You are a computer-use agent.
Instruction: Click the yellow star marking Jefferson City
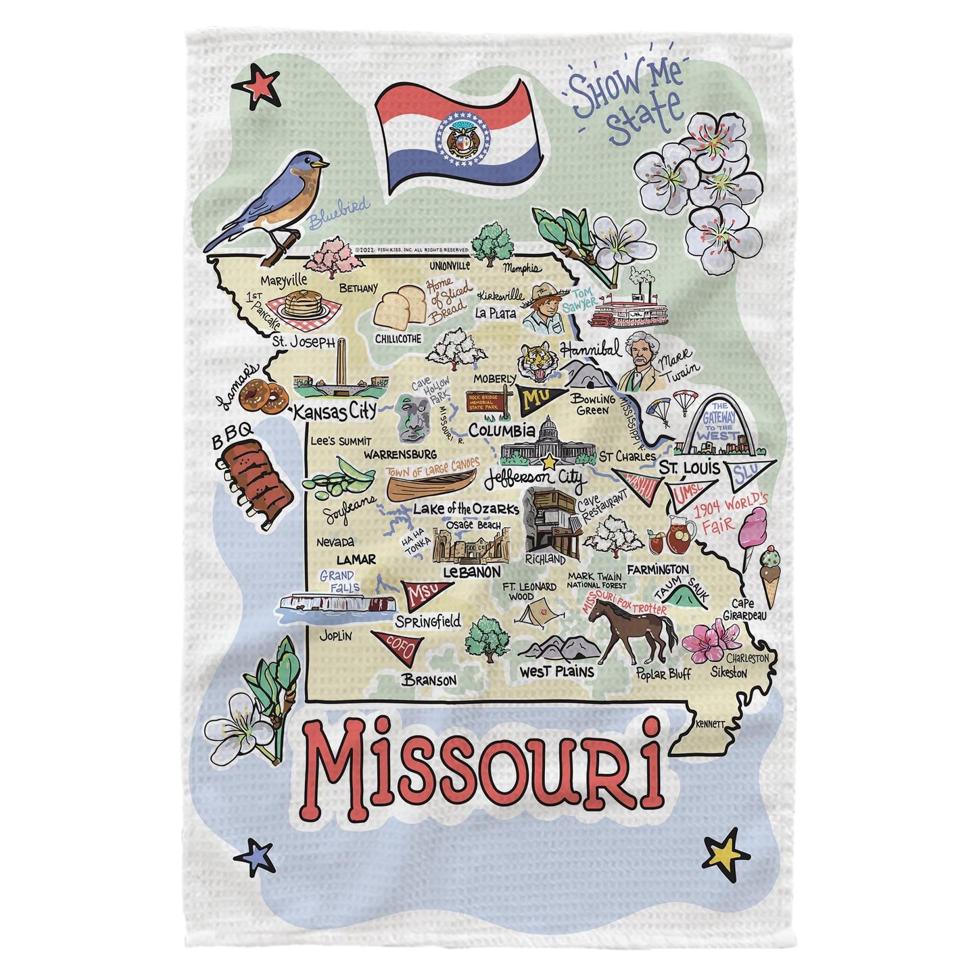[550, 462]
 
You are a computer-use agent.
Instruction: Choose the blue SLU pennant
[747, 471]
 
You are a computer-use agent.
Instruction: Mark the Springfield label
[428, 621]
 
